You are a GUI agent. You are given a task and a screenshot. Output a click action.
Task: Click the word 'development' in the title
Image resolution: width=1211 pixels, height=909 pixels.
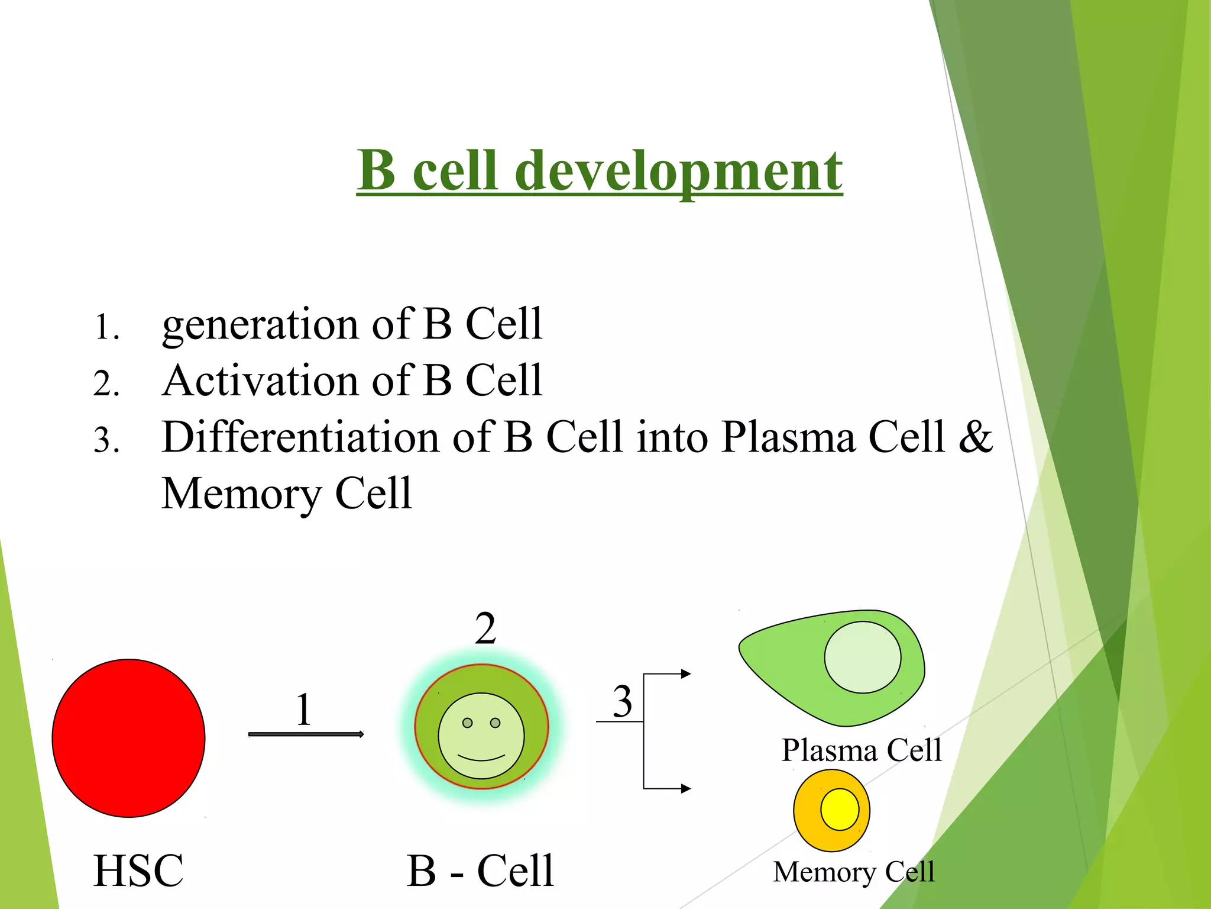678,172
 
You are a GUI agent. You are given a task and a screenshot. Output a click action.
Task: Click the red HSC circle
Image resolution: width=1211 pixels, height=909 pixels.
128,738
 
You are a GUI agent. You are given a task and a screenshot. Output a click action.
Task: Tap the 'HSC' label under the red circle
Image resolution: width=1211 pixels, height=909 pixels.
138,871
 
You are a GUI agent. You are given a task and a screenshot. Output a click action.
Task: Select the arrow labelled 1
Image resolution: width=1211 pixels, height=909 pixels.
306,734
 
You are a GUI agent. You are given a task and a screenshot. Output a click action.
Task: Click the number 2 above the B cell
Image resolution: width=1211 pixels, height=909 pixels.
485,628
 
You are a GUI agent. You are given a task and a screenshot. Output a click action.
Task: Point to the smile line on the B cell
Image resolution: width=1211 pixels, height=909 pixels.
481,758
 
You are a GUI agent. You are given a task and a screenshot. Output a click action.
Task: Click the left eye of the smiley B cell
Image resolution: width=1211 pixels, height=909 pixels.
467,723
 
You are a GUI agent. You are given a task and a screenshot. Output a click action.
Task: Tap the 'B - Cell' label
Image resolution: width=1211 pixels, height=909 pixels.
480,871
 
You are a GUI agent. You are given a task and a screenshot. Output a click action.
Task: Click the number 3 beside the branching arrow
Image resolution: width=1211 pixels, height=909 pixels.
622,702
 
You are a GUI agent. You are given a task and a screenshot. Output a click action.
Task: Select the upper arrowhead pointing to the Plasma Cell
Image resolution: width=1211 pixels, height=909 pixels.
686,673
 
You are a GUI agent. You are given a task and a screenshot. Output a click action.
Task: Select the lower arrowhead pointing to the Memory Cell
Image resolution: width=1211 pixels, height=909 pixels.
686,788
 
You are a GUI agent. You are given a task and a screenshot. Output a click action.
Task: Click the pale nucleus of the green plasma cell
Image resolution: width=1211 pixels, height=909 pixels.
862,657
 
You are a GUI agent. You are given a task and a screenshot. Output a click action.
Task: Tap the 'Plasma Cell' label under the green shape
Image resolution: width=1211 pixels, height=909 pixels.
861,750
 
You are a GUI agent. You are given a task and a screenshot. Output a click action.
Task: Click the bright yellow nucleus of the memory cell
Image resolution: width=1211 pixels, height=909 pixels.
839,809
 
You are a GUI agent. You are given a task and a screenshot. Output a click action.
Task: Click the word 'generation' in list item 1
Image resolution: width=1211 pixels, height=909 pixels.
260,325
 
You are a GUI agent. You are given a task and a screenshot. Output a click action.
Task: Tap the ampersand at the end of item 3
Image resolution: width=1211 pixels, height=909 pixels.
975,437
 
